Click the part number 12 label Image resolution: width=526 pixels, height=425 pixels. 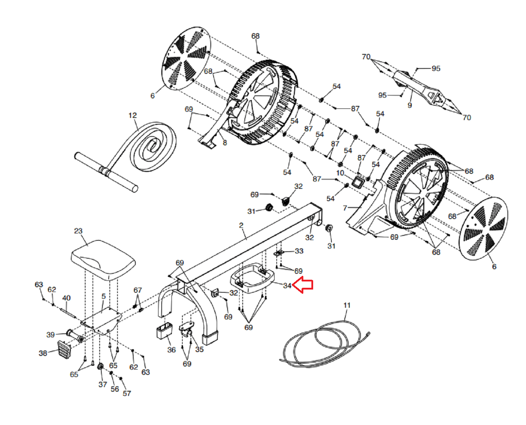pyautogui.click(x=133, y=115)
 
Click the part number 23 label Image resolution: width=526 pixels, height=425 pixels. pyautogui.click(x=78, y=231)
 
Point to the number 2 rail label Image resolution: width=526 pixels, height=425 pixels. pyautogui.click(x=241, y=225)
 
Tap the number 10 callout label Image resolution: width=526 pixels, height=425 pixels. pyautogui.click(x=340, y=173)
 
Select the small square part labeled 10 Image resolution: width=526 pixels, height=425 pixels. pyautogui.click(x=358, y=182)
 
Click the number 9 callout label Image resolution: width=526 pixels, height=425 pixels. pyautogui.click(x=410, y=105)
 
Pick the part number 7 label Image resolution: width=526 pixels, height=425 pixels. pyautogui.click(x=345, y=208)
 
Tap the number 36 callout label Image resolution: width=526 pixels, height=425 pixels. pyautogui.click(x=171, y=350)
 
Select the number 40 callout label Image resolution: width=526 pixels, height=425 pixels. pyautogui.click(x=66, y=298)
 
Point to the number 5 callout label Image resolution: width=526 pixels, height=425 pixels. pyautogui.click(x=103, y=296)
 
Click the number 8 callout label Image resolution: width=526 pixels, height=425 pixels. pyautogui.click(x=225, y=142)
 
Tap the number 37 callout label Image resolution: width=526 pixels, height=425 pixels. pyautogui.click(x=102, y=384)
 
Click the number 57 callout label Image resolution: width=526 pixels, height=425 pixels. pyautogui.click(x=127, y=393)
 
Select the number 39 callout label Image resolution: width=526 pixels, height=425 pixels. pyautogui.click(x=50, y=334)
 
